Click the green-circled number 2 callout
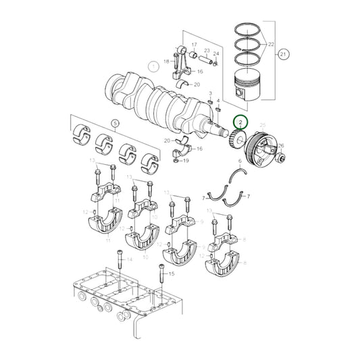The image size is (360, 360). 240,122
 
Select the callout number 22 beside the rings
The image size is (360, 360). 271,45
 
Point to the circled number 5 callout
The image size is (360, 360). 115,124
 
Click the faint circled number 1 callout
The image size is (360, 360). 154,66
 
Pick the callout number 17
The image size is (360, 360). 194,45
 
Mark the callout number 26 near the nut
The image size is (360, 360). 281,145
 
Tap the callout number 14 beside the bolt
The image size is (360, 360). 130,259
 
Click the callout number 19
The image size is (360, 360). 186,161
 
